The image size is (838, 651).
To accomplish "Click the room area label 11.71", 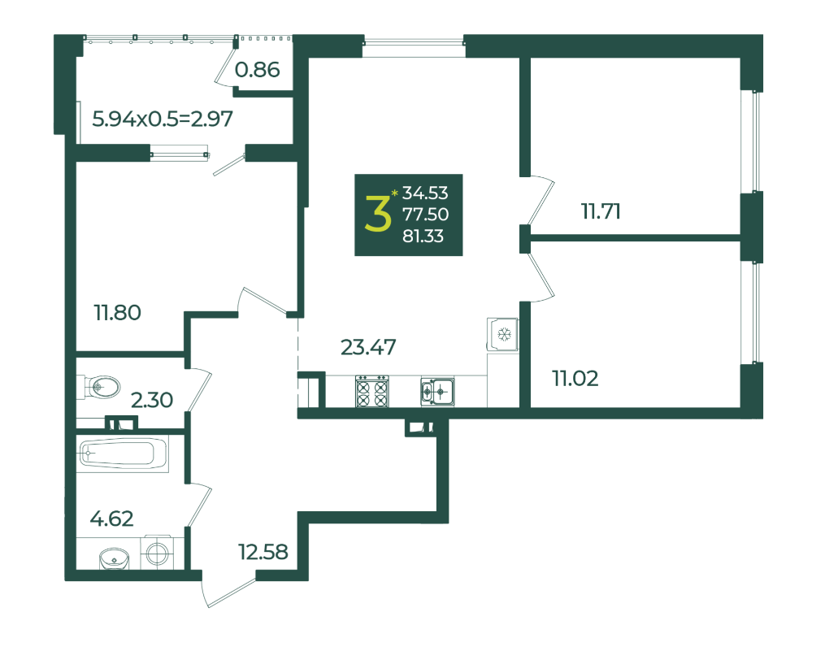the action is tap(601, 211).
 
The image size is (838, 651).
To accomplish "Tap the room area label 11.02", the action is tap(575, 379).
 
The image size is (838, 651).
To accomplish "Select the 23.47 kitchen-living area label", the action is tap(368, 347).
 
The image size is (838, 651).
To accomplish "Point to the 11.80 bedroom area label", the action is tap(118, 313).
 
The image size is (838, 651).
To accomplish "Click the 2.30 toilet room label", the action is tap(152, 400).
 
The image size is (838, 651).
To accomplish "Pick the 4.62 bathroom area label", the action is tap(111, 519).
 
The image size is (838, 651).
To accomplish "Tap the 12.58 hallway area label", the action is tap(263, 552).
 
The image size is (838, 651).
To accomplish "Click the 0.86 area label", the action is tap(257, 69).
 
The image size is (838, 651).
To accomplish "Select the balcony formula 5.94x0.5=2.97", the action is tap(163, 119).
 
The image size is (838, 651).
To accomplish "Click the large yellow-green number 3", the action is tap(378, 213).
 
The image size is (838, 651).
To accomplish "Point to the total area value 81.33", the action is tap(423, 237).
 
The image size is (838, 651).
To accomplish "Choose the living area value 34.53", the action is tap(425, 193).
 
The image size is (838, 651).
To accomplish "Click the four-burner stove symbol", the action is tap(372, 391).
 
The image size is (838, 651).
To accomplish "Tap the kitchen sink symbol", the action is tap(437, 392).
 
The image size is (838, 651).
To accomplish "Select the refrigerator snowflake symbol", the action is tap(504, 335).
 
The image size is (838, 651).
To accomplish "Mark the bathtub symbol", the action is tap(123, 454).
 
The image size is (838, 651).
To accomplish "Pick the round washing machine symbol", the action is tap(157, 553).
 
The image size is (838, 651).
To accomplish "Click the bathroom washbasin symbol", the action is tap(115, 559).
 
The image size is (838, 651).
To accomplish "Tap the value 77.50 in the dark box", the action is tap(425, 215).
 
